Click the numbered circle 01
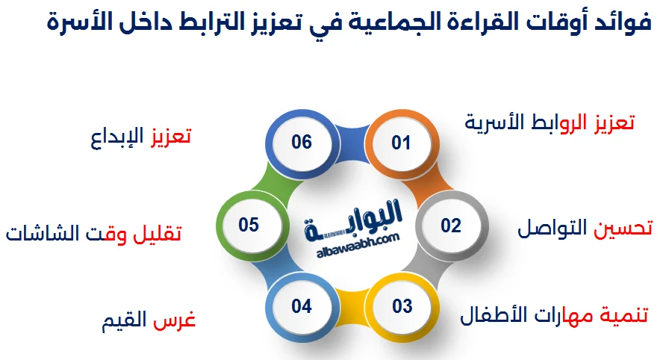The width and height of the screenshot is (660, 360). pyautogui.click(x=402, y=142)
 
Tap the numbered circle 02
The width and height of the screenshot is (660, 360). pyautogui.click(x=450, y=225)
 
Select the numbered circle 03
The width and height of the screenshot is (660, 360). pyautogui.click(x=402, y=306)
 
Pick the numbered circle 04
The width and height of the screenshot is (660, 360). pyautogui.click(x=302, y=306)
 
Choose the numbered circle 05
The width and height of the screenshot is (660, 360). pyautogui.click(x=249, y=225)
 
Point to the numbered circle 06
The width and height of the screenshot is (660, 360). pyautogui.click(x=302, y=142)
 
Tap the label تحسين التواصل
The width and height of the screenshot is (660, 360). pyautogui.click(x=585, y=228)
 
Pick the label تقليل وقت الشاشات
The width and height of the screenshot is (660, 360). pyautogui.click(x=93, y=233)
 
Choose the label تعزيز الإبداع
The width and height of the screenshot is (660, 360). pyautogui.click(x=140, y=137)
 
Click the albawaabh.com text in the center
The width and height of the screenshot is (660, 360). pyautogui.click(x=352, y=239)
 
